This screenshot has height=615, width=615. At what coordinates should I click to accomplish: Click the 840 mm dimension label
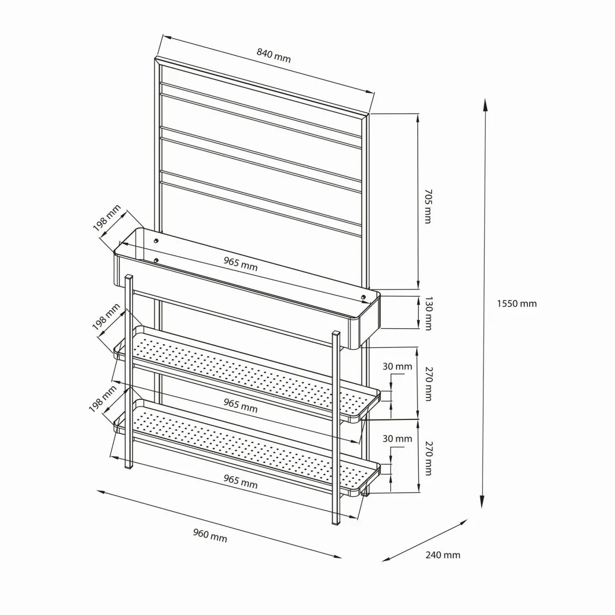(274, 55)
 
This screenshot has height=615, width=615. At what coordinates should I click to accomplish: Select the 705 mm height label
(428, 206)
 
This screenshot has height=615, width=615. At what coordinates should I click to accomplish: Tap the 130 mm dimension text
(428, 313)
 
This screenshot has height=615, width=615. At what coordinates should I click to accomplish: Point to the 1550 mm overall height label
(516, 304)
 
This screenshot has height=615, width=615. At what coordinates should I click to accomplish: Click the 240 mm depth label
(443, 555)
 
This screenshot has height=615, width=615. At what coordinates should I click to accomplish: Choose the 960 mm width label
(210, 535)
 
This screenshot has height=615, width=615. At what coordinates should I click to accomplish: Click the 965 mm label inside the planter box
(240, 263)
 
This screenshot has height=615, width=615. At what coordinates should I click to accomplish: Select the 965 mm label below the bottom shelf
(240, 481)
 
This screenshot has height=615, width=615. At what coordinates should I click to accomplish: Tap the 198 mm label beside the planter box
(107, 218)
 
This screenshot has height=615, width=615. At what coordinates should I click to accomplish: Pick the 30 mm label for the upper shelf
(397, 366)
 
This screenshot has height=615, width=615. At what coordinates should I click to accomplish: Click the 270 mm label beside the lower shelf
(428, 458)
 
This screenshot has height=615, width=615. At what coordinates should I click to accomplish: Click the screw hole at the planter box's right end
(363, 297)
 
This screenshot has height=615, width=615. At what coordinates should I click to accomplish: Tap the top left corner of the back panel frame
(156, 58)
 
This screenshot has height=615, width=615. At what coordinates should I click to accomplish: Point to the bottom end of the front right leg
(336, 524)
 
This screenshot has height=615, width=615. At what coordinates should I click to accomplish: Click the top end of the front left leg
(129, 276)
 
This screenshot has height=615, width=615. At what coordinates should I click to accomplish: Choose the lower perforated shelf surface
(251, 445)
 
